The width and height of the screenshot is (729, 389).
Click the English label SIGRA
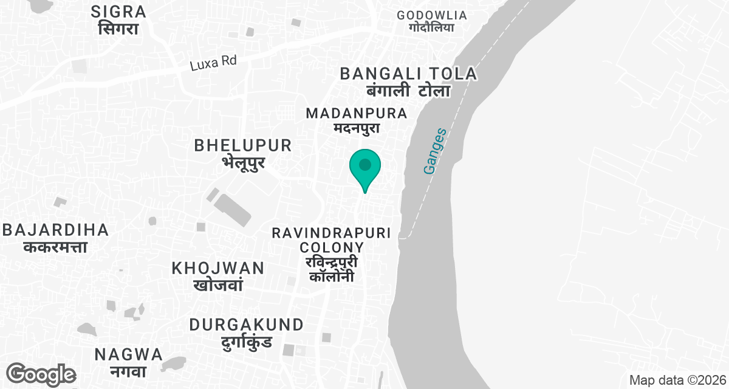tap(118, 12)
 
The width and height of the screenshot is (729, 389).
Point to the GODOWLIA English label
tap(431, 15)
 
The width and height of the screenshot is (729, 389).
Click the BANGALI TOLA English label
tap(408, 74)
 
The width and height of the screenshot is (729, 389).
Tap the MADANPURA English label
tap(357, 114)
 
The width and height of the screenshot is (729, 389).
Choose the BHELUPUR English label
tap(243, 146)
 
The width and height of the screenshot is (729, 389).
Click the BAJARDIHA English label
tap(56, 230)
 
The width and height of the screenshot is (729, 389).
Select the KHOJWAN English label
tap(218, 268)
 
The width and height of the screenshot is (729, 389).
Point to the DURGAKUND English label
tap(246, 325)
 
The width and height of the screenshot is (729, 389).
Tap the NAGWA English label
tap(129, 354)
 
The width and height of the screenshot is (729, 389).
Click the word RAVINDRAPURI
tap(332, 233)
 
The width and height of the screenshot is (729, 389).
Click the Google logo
tap(41, 374)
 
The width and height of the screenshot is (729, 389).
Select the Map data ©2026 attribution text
tap(677, 380)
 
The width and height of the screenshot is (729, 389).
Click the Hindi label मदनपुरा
tap(357, 128)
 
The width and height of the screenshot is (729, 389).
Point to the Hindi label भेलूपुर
tap(243, 162)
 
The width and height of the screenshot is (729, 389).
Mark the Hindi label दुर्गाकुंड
tap(246, 341)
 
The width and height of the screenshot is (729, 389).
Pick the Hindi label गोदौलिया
tap(431, 28)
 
